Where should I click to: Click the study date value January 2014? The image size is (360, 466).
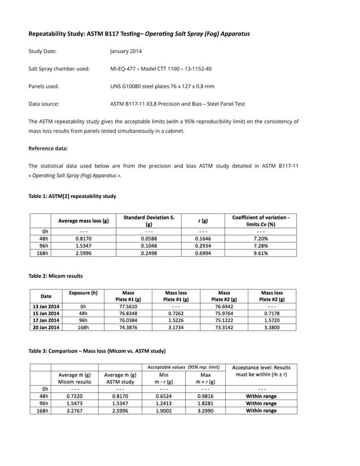126,51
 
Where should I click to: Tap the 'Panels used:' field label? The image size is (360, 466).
44,86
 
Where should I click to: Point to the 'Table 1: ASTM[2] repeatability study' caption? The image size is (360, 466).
72,196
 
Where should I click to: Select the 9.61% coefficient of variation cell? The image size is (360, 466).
261,253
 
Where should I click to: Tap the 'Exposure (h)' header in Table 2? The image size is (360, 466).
83,293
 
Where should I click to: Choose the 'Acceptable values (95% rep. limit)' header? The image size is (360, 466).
183,367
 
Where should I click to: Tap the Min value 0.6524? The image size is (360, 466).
164,396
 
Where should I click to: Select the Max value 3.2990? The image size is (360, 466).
205,411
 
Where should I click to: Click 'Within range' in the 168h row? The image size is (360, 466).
261,411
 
